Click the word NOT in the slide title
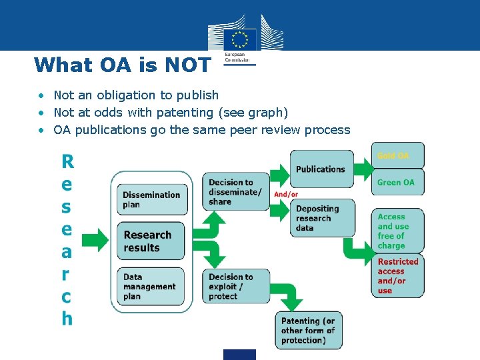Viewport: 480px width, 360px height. pos(183,65)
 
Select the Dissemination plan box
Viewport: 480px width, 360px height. pos(151,200)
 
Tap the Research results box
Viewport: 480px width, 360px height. pos(151,241)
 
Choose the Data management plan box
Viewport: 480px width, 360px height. pos(151,287)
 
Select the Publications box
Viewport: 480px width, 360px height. pos(321,168)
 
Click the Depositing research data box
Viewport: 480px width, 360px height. pos(324,218)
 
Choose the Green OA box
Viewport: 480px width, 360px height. pos(397,182)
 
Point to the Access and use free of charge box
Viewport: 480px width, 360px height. pos(397,231)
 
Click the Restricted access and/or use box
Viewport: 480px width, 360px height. pos(397,275)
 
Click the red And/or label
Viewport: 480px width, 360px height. pos(286,195)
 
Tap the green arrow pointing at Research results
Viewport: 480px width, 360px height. pos(99,240)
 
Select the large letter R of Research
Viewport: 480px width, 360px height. pos(67,161)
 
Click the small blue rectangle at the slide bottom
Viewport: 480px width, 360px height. pos(239,355)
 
